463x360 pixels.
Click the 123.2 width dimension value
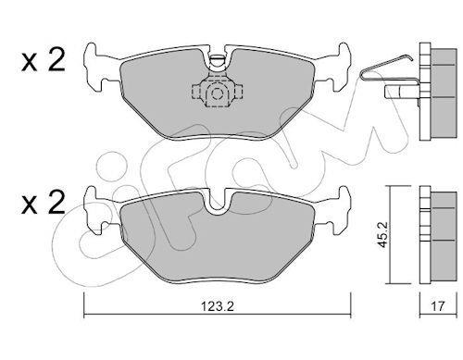pos(218,306)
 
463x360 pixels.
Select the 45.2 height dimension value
pos(383,234)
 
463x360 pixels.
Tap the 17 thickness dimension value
pos(438,306)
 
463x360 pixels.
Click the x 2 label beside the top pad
pos(44,61)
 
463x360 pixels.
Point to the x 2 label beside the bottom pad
pos(44,202)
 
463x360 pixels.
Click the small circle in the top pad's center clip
pos(218,93)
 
